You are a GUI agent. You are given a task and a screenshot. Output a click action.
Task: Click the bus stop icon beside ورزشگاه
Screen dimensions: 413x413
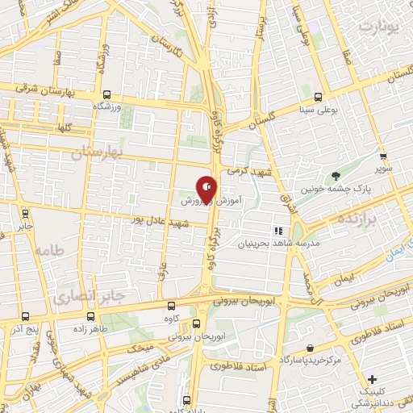107,93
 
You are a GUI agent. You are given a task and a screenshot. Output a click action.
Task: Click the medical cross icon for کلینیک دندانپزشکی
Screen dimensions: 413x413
371,379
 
